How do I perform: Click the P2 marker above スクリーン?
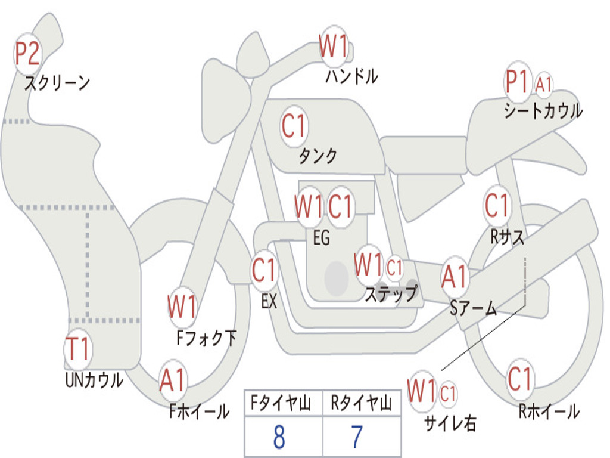[x=27, y=54]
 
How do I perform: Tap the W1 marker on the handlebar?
[x=334, y=46]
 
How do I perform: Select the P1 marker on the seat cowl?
[x=518, y=82]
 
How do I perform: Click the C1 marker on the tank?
[x=294, y=126]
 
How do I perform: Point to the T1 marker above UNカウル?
[x=78, y=348]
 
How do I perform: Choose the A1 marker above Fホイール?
[x=172, y=380]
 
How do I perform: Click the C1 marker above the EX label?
[x=264, y=270]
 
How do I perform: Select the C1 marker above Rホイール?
[x=520, y=379]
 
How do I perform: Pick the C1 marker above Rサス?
[x=497, y=205]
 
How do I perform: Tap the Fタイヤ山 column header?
[x=281, y=404]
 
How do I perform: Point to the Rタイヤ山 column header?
[x=362, y=404]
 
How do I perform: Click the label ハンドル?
[x=351, y=76]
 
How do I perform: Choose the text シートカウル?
[x=543, y=111]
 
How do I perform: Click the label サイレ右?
[x=450, y=423]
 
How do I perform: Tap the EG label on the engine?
[x=321, y=237]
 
